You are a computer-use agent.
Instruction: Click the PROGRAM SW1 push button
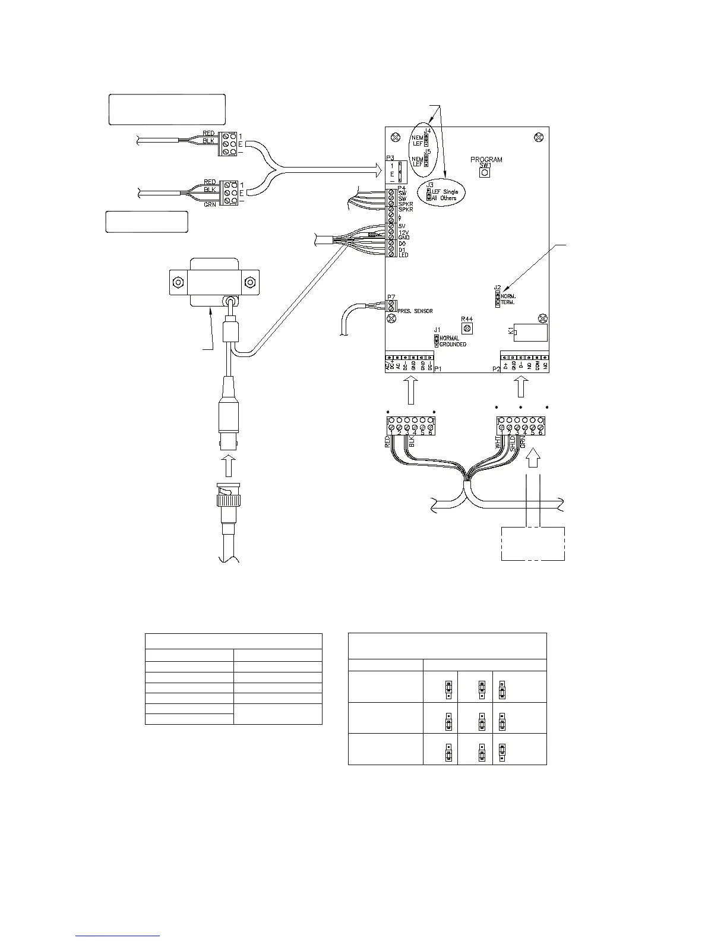pyautogui.click(x=484, y=172)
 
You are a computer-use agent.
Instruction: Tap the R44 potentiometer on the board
pyautogui.click(x=467, y=328)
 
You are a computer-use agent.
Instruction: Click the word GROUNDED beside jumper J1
pyautogui.click(x=453, y=345)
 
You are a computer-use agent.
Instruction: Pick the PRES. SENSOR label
pyautogui.click(x=415, y=311)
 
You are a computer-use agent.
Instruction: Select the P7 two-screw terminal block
pyautogui.click(x=391, y=307)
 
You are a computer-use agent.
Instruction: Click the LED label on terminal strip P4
pyautogui.click(x=404, y=255)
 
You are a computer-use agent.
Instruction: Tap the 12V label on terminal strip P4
pyautogui.click(x=404, y=232)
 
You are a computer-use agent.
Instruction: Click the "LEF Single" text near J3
pyautogui.click(x=445, y=192)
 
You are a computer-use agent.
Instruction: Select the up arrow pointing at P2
pyautogui.click(x=521, y=389)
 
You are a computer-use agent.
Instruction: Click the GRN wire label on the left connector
pyautogui.click(x=209, y=204)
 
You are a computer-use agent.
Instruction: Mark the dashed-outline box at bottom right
pyautogui.click(x=533, y=543)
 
